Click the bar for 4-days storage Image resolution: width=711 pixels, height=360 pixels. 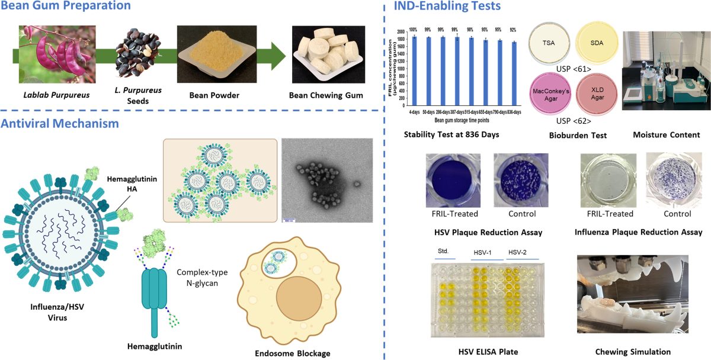click(415, 70)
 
